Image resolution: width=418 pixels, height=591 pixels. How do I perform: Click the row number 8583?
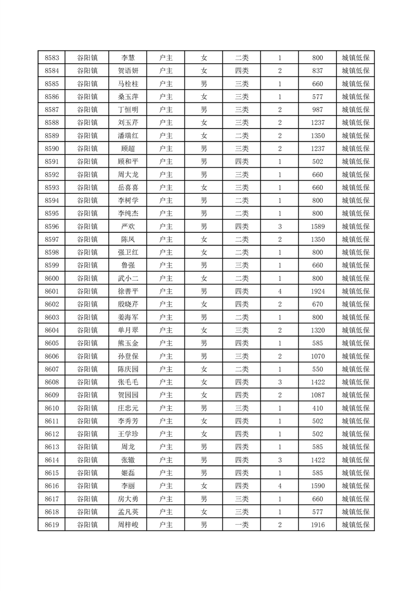(x=52, y=58)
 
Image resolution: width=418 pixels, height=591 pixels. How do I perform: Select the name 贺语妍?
(x=128, y=71)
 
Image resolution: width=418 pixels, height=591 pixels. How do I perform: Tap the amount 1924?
(x=317, y=291)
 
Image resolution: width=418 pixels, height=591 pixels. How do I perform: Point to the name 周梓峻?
(x=128, y=525)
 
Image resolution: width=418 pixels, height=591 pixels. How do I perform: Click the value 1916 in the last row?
(x=317, y=525)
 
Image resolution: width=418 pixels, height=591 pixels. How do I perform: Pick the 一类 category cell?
(x=241, y=525)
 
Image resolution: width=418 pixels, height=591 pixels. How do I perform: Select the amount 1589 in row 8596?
(x=317, y=226)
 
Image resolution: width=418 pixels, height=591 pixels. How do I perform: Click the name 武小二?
(x=128, y=278)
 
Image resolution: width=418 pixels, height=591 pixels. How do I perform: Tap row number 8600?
(x=52, y=278)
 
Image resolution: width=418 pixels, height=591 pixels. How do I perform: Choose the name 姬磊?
(x=128, y=472)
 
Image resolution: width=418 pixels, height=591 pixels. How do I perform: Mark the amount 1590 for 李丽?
(x=317, y=486)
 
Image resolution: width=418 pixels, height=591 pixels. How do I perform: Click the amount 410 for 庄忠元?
(x=317, y=408)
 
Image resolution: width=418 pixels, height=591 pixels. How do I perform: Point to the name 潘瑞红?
(x=128, y=136)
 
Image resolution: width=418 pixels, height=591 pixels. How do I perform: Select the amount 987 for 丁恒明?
(x=317, y=110)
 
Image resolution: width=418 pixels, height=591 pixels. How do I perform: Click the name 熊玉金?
(x=128, y=343)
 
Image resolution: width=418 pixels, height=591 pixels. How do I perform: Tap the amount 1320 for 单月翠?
(x=317, y=330)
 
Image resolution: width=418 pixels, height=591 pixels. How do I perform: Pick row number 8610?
(x=52, y=408)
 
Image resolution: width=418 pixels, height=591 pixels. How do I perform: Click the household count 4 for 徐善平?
(x=279, y=291)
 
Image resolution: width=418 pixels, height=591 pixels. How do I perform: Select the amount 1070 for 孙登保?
(x=317, y=356)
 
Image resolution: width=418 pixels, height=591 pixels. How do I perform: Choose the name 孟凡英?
(x=128, y=511)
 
